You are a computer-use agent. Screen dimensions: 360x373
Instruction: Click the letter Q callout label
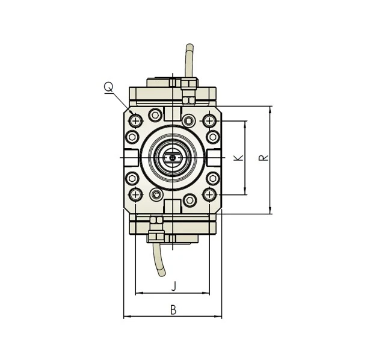108,87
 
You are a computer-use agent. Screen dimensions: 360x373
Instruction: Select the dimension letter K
238,157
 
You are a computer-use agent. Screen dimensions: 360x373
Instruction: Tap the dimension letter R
264,157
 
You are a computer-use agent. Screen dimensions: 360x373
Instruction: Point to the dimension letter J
173,285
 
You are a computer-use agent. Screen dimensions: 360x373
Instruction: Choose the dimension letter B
173,309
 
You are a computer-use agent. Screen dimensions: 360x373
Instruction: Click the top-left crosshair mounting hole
136,121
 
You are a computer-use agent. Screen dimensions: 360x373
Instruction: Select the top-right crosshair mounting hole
209,121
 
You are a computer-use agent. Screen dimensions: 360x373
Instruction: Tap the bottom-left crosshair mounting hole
136,194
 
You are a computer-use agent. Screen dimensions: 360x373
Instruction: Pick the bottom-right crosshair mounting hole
209,194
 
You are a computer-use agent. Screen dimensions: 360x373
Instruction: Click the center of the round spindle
173,158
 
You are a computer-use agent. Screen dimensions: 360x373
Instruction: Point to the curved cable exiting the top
189,60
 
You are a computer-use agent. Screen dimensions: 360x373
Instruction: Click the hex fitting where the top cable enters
189,84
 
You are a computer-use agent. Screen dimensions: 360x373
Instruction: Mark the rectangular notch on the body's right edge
214,158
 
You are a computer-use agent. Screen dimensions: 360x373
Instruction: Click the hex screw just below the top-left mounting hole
132,137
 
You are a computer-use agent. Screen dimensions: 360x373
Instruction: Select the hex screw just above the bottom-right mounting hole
213,178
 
